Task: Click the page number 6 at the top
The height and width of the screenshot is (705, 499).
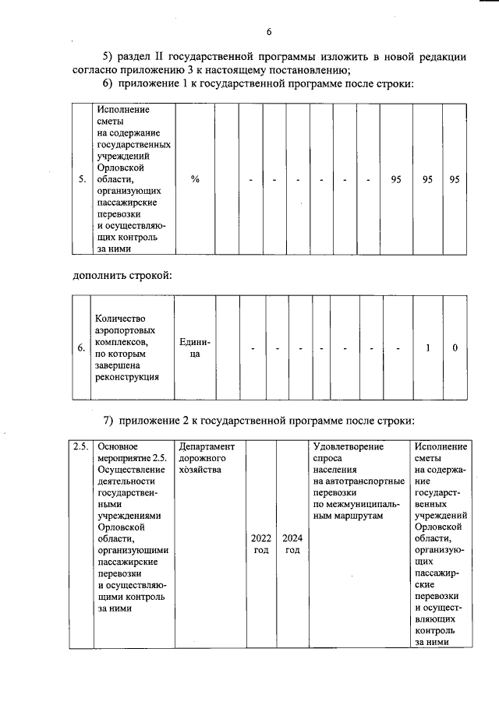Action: (x=269, y=32)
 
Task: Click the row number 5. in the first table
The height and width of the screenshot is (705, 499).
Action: (x=82, y=180)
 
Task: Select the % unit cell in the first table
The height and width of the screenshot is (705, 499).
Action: (x=195, y=180)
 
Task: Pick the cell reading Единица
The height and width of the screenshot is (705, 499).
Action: (x=195, y=348)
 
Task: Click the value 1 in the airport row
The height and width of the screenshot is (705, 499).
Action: (x=428, y=348)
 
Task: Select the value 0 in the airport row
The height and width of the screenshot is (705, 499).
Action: (x=455, y=348)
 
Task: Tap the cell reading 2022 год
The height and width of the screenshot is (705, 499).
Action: (x=261, y=544)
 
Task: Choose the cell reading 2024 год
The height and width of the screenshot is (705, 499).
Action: (x=292, y=544)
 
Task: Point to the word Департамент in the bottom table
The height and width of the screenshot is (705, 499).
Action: (x=207, y=446)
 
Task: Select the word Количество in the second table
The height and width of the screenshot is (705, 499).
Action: (x=121, y=318)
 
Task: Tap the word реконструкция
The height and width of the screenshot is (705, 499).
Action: (x=126, y=378)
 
